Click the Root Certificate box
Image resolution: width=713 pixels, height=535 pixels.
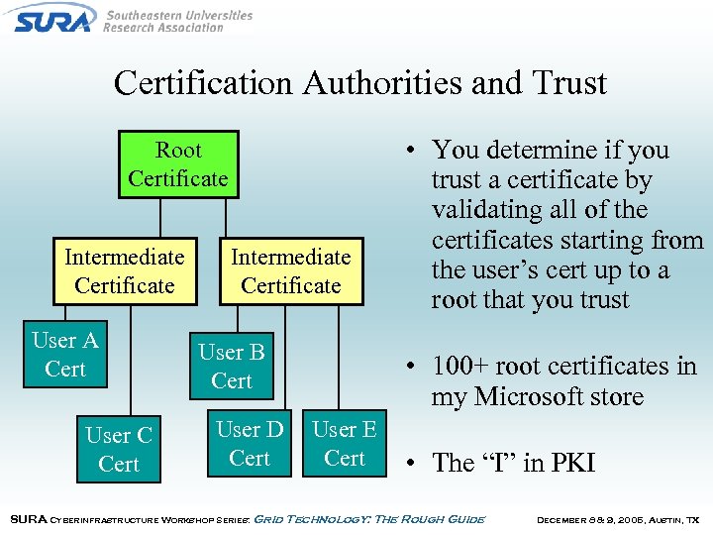tap(178, 164)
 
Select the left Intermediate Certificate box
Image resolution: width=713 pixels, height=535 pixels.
tap(125, 271)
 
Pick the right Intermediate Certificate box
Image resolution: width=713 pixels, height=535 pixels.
tap(290, 271)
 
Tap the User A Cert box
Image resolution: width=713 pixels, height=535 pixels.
tap(65, 355)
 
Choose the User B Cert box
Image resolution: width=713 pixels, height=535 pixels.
tap(232, 367)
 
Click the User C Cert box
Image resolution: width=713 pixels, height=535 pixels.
tap(119, 450)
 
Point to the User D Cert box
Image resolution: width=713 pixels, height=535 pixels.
tap(250, 444)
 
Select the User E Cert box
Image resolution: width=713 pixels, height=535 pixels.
tap(345, 444)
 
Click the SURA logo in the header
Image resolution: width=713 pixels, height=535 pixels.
tap(54, 18)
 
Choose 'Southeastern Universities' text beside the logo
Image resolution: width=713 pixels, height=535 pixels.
tap(178, 16)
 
